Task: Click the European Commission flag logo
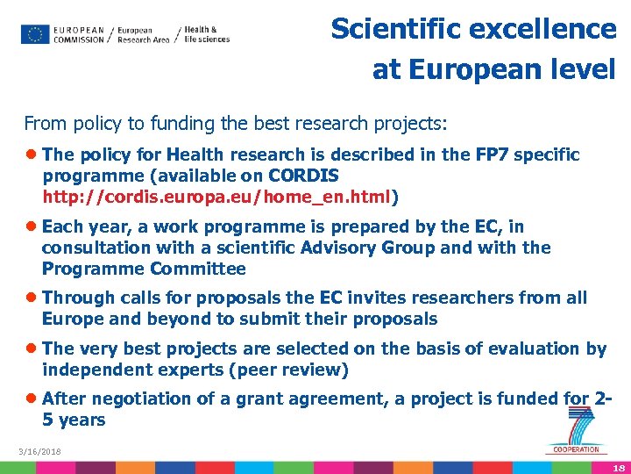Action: coord(35,34)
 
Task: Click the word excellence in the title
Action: coord(545,29)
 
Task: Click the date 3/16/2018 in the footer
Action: coord(39,452)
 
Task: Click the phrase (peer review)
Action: coord(288,370)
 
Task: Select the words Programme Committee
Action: coord(144,269)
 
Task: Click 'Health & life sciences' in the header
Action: coord(208,34)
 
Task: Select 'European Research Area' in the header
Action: coord(143,34)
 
